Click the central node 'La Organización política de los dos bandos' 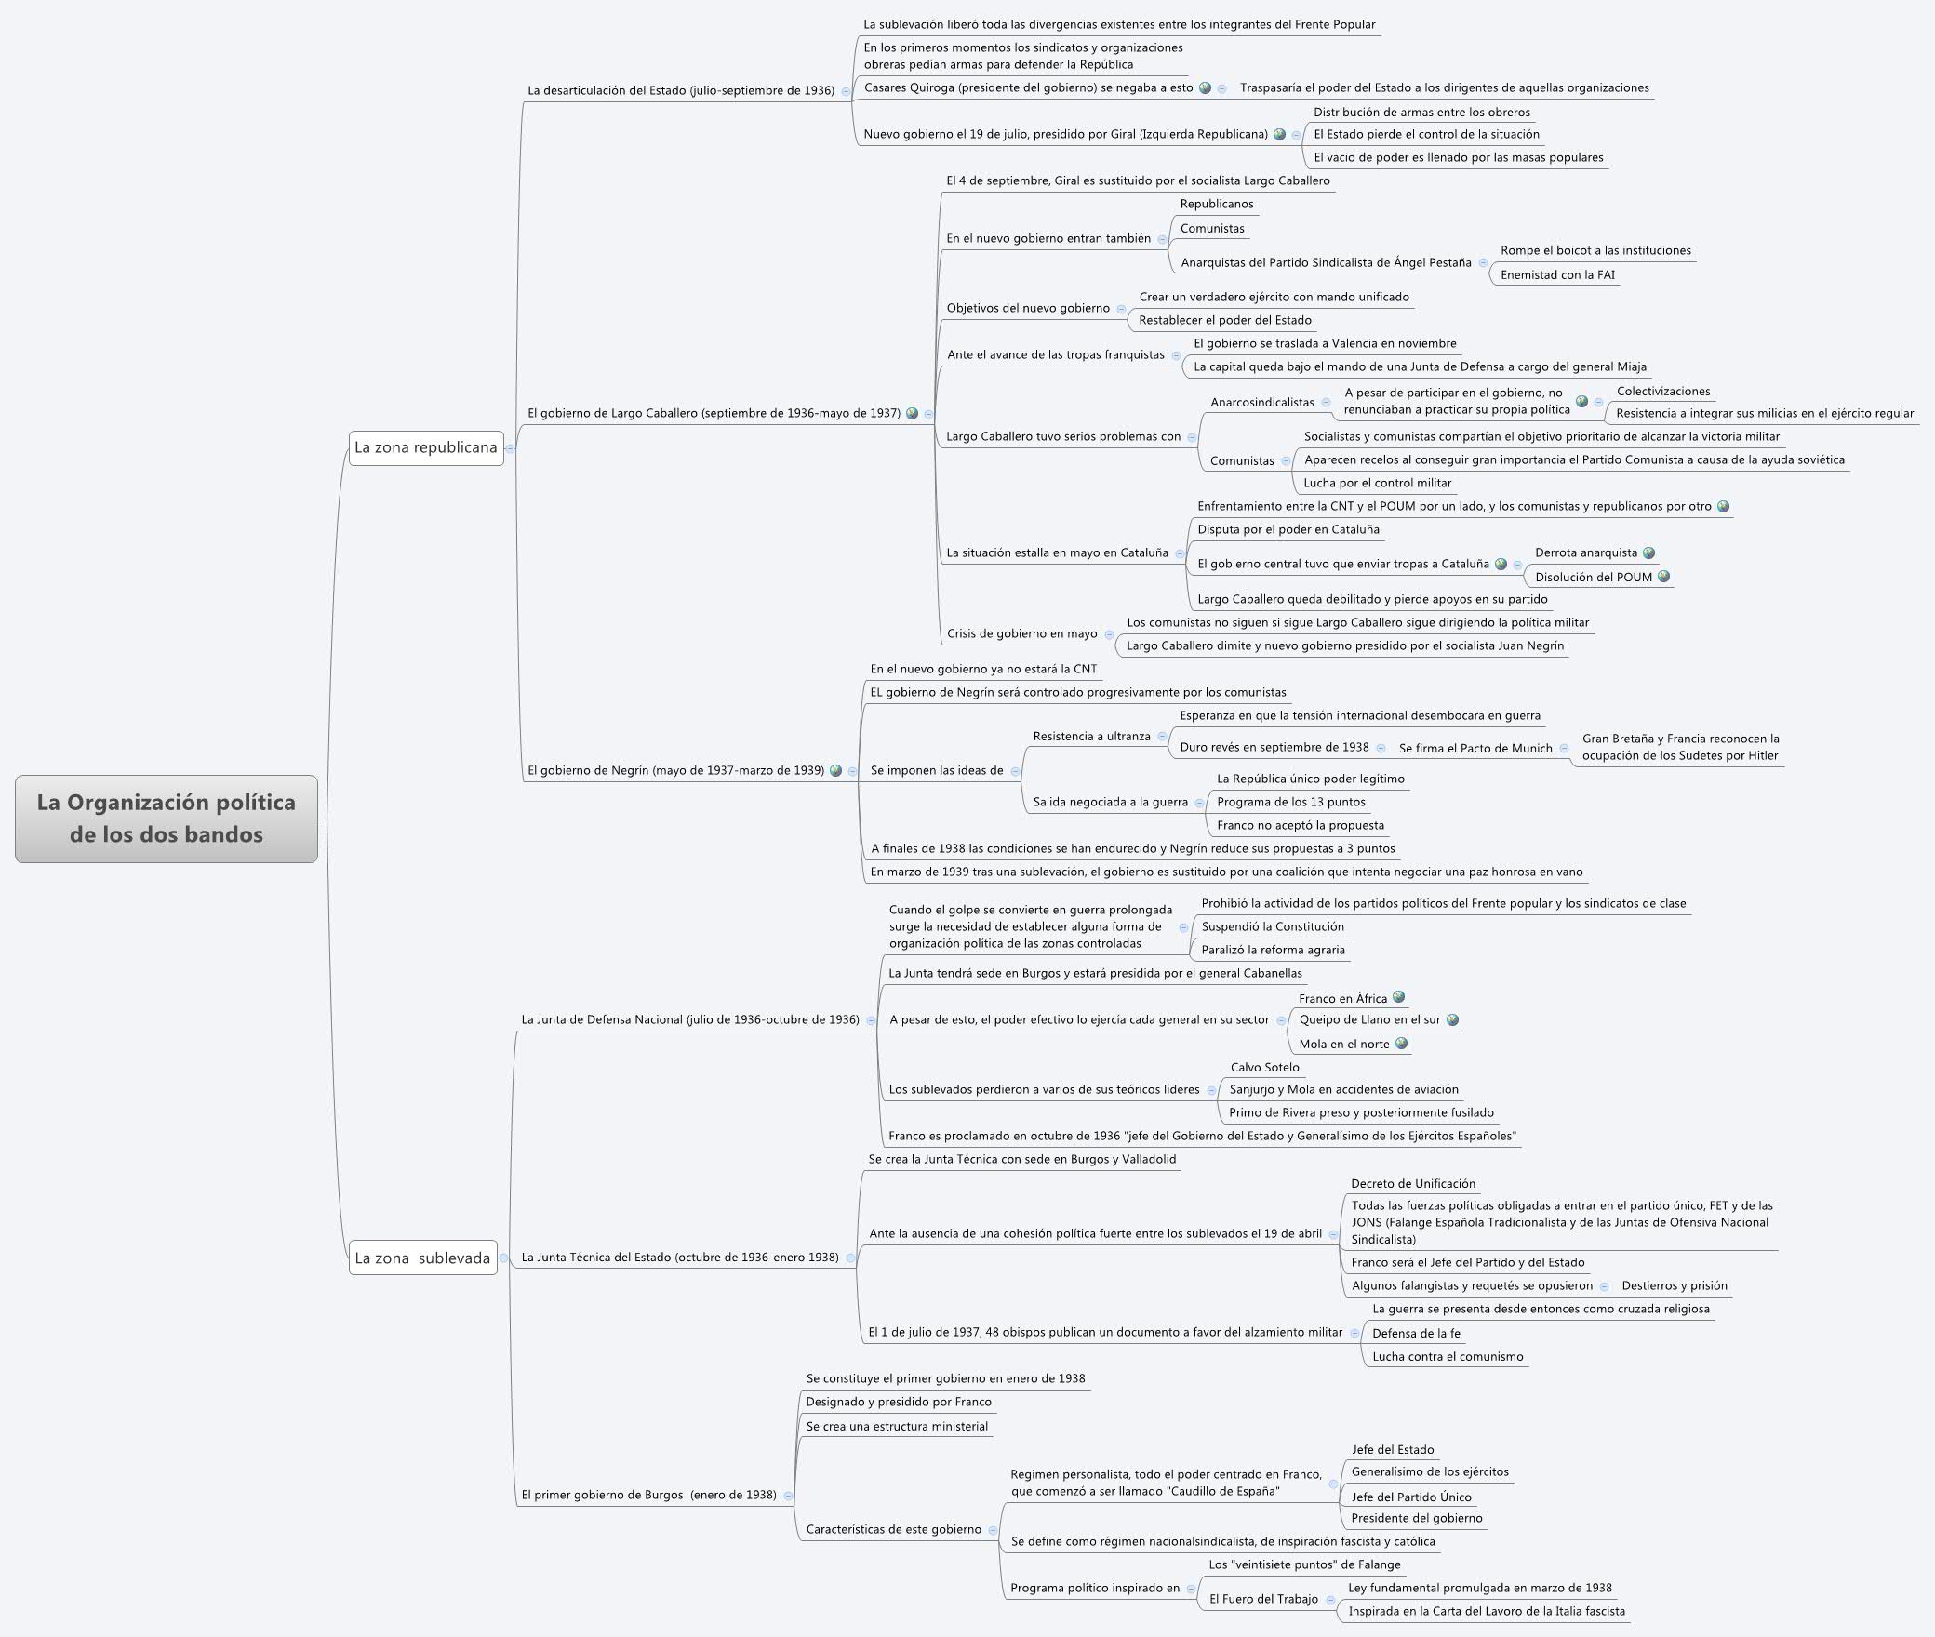166,818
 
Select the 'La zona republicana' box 426,447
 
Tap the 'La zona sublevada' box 422,1258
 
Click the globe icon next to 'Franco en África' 1398,997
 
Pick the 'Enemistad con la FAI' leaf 1557,274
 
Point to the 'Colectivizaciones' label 1663,391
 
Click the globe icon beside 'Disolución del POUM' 1664,577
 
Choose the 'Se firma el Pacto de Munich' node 1475,748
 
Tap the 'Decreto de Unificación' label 1413,1183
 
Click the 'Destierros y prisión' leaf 1675,1285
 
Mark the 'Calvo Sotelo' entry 1264,1067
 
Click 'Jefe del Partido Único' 1411,1497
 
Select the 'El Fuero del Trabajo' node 1263,1599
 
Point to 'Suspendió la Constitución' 1273,926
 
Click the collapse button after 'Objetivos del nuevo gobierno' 1121,309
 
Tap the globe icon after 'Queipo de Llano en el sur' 1453,1019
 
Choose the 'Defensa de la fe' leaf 1416,1333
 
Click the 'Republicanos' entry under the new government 1217,204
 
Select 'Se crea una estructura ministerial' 897,1426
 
